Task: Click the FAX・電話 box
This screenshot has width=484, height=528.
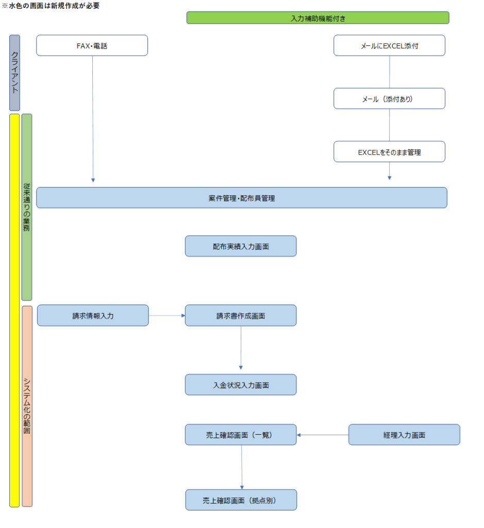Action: click(x=92, y=45)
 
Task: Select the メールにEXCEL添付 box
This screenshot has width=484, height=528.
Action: click(x=389, y=45)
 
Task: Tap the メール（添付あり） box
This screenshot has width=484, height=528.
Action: click(x=389, y=98)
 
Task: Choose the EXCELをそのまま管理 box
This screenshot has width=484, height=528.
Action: click(x=389, y=152)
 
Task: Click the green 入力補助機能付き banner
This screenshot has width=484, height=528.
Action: click(x=318, y=18)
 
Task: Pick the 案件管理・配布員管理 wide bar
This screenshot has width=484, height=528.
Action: click(x=241, y=197)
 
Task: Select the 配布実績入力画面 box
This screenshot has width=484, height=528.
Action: click(x=241, y=246)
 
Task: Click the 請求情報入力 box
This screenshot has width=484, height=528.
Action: click(x=93, y=316)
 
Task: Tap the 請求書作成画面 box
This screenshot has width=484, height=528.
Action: click(x=241, y=316)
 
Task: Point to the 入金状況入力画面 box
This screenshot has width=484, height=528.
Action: click(x=241, y=385)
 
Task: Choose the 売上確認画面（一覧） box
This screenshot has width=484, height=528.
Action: click(x=241, y=435)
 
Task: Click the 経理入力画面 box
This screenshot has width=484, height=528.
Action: click(x=404, y=435)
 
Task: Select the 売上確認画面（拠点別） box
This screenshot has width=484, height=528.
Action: click(x=241, y=500)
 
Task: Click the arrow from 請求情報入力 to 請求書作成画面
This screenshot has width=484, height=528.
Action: click(x=166, y=316)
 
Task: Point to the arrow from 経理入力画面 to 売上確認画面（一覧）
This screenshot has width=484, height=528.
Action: click(x=323, y=435)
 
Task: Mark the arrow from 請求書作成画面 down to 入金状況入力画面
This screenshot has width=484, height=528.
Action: click(x=241, y=350)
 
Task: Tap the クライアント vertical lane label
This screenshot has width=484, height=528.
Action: click(x=15, y=72)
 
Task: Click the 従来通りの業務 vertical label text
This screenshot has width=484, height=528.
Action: click(x=27, y=206)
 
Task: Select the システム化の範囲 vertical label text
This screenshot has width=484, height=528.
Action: click(x=27, y=405)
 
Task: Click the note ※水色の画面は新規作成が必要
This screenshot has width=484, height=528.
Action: click(x=51, y=6)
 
